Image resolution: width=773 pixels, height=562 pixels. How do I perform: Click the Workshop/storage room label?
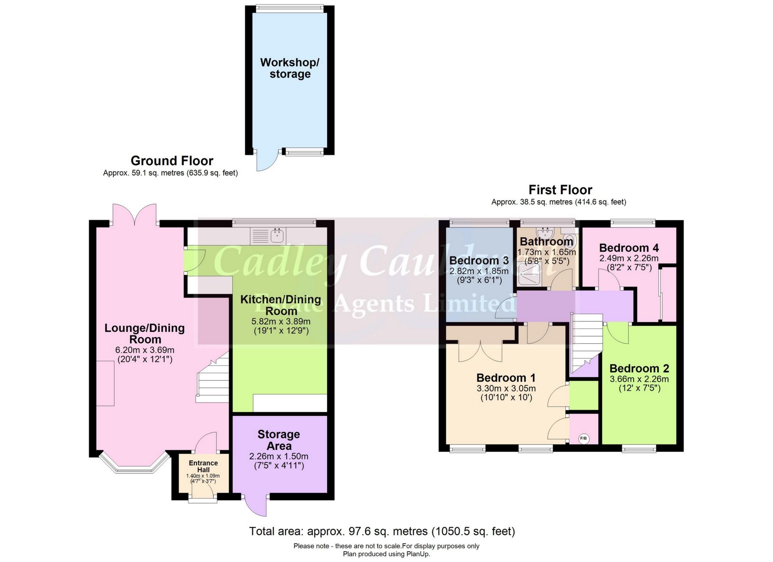(x=290, y=68)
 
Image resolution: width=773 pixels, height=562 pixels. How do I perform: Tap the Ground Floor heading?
(x=172, y=161)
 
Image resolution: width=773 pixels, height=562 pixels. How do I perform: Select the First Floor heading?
(x=560, y=190)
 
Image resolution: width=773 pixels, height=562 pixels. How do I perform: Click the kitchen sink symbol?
(x=276, y=236)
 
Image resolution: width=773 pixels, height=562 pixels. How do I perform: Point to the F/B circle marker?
(x=583, y=439)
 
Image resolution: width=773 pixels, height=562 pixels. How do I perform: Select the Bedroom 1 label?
(x=506, y=378)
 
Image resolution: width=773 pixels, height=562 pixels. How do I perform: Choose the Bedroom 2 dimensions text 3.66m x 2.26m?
(x=639, y=379)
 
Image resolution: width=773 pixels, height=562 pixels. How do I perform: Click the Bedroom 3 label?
(x=479, y=261)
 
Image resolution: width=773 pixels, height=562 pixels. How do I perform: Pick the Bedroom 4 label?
(x=629, y=248)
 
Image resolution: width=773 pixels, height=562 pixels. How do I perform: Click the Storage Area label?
(x=279, y=440)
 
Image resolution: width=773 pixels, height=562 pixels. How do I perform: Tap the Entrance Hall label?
(x=203, y=466)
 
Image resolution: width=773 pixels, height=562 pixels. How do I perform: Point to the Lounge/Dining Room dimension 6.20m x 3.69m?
(x=145, y=350)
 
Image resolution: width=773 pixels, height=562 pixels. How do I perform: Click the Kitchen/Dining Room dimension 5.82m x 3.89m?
(x=281, y=322)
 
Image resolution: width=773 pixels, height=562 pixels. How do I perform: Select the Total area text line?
(x=382, y=531)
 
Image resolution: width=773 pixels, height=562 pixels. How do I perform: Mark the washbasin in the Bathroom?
(x=545, y=233)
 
